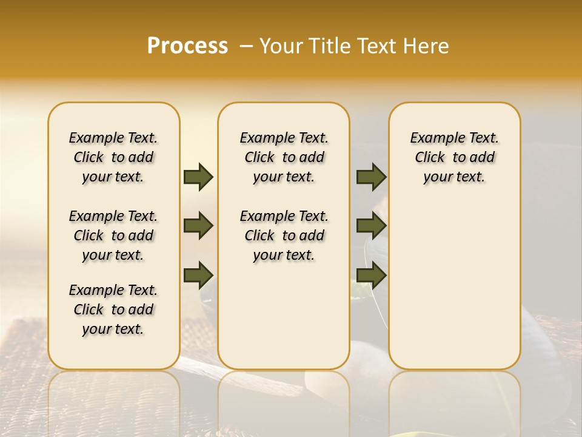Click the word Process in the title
coord(187,46)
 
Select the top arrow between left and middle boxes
coord(198,177)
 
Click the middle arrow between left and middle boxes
coord(198,226)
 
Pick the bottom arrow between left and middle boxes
coord(198,275)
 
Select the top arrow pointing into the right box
coord(371,177)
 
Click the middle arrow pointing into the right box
coord(371,226)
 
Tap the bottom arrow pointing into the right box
coord(371,275)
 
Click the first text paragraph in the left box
coord(113,157)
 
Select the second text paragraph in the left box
coord(113,235)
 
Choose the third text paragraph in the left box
coord(113,310)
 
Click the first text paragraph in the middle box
coord(284,157)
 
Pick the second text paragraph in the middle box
coord(284,235)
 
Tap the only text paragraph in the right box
coord(455,157)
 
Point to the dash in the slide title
coord(246,46)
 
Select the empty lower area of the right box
coord(455,285)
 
